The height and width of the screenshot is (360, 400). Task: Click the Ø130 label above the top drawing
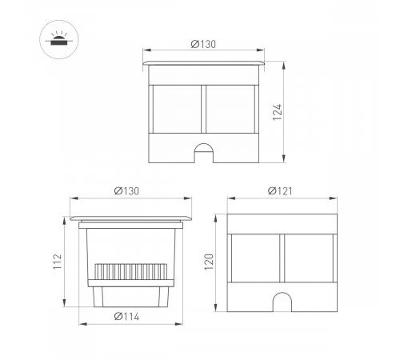205,44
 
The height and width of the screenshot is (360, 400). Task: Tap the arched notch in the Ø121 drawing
282,302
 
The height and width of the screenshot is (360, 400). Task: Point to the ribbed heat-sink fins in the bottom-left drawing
131,273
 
